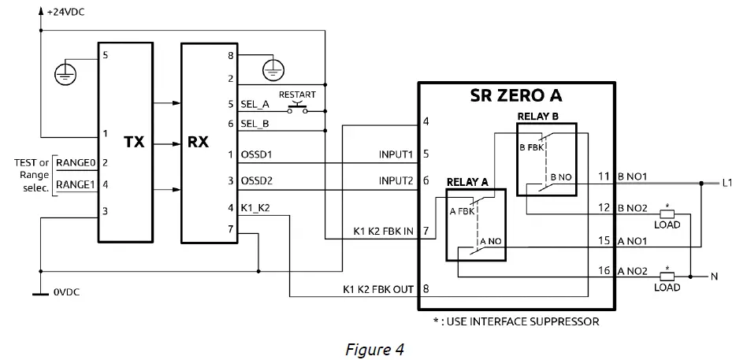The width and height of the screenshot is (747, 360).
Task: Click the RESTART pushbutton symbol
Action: coord(298,108)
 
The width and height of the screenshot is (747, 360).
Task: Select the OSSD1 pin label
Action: coord(256,154)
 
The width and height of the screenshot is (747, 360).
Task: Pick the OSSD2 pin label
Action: coord(256,181)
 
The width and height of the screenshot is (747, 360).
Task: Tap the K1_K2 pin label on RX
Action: coord(255,208)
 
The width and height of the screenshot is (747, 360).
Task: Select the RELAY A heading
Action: coord(467,181)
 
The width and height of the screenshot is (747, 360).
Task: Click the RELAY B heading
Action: coord(538,116)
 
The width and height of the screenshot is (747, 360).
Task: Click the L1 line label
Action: coord(727,183)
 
